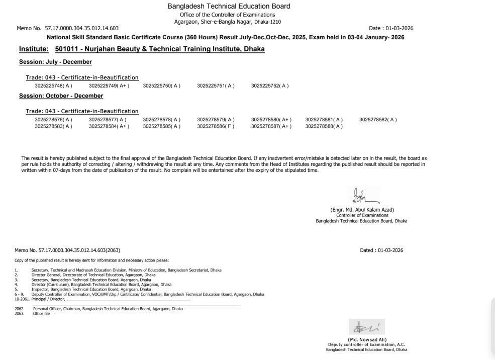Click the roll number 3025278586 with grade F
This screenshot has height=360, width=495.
coord(217,126)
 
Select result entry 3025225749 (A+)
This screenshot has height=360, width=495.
coord(109,85)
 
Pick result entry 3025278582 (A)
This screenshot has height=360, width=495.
coord(378,120)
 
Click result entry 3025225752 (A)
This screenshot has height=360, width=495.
coord(270,85)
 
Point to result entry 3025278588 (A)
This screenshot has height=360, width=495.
coord(324,126)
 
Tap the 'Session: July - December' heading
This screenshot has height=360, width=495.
coord(56,62)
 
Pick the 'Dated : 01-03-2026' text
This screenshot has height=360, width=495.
coord(382,250)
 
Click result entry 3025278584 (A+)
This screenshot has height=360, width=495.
coord(109,126)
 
